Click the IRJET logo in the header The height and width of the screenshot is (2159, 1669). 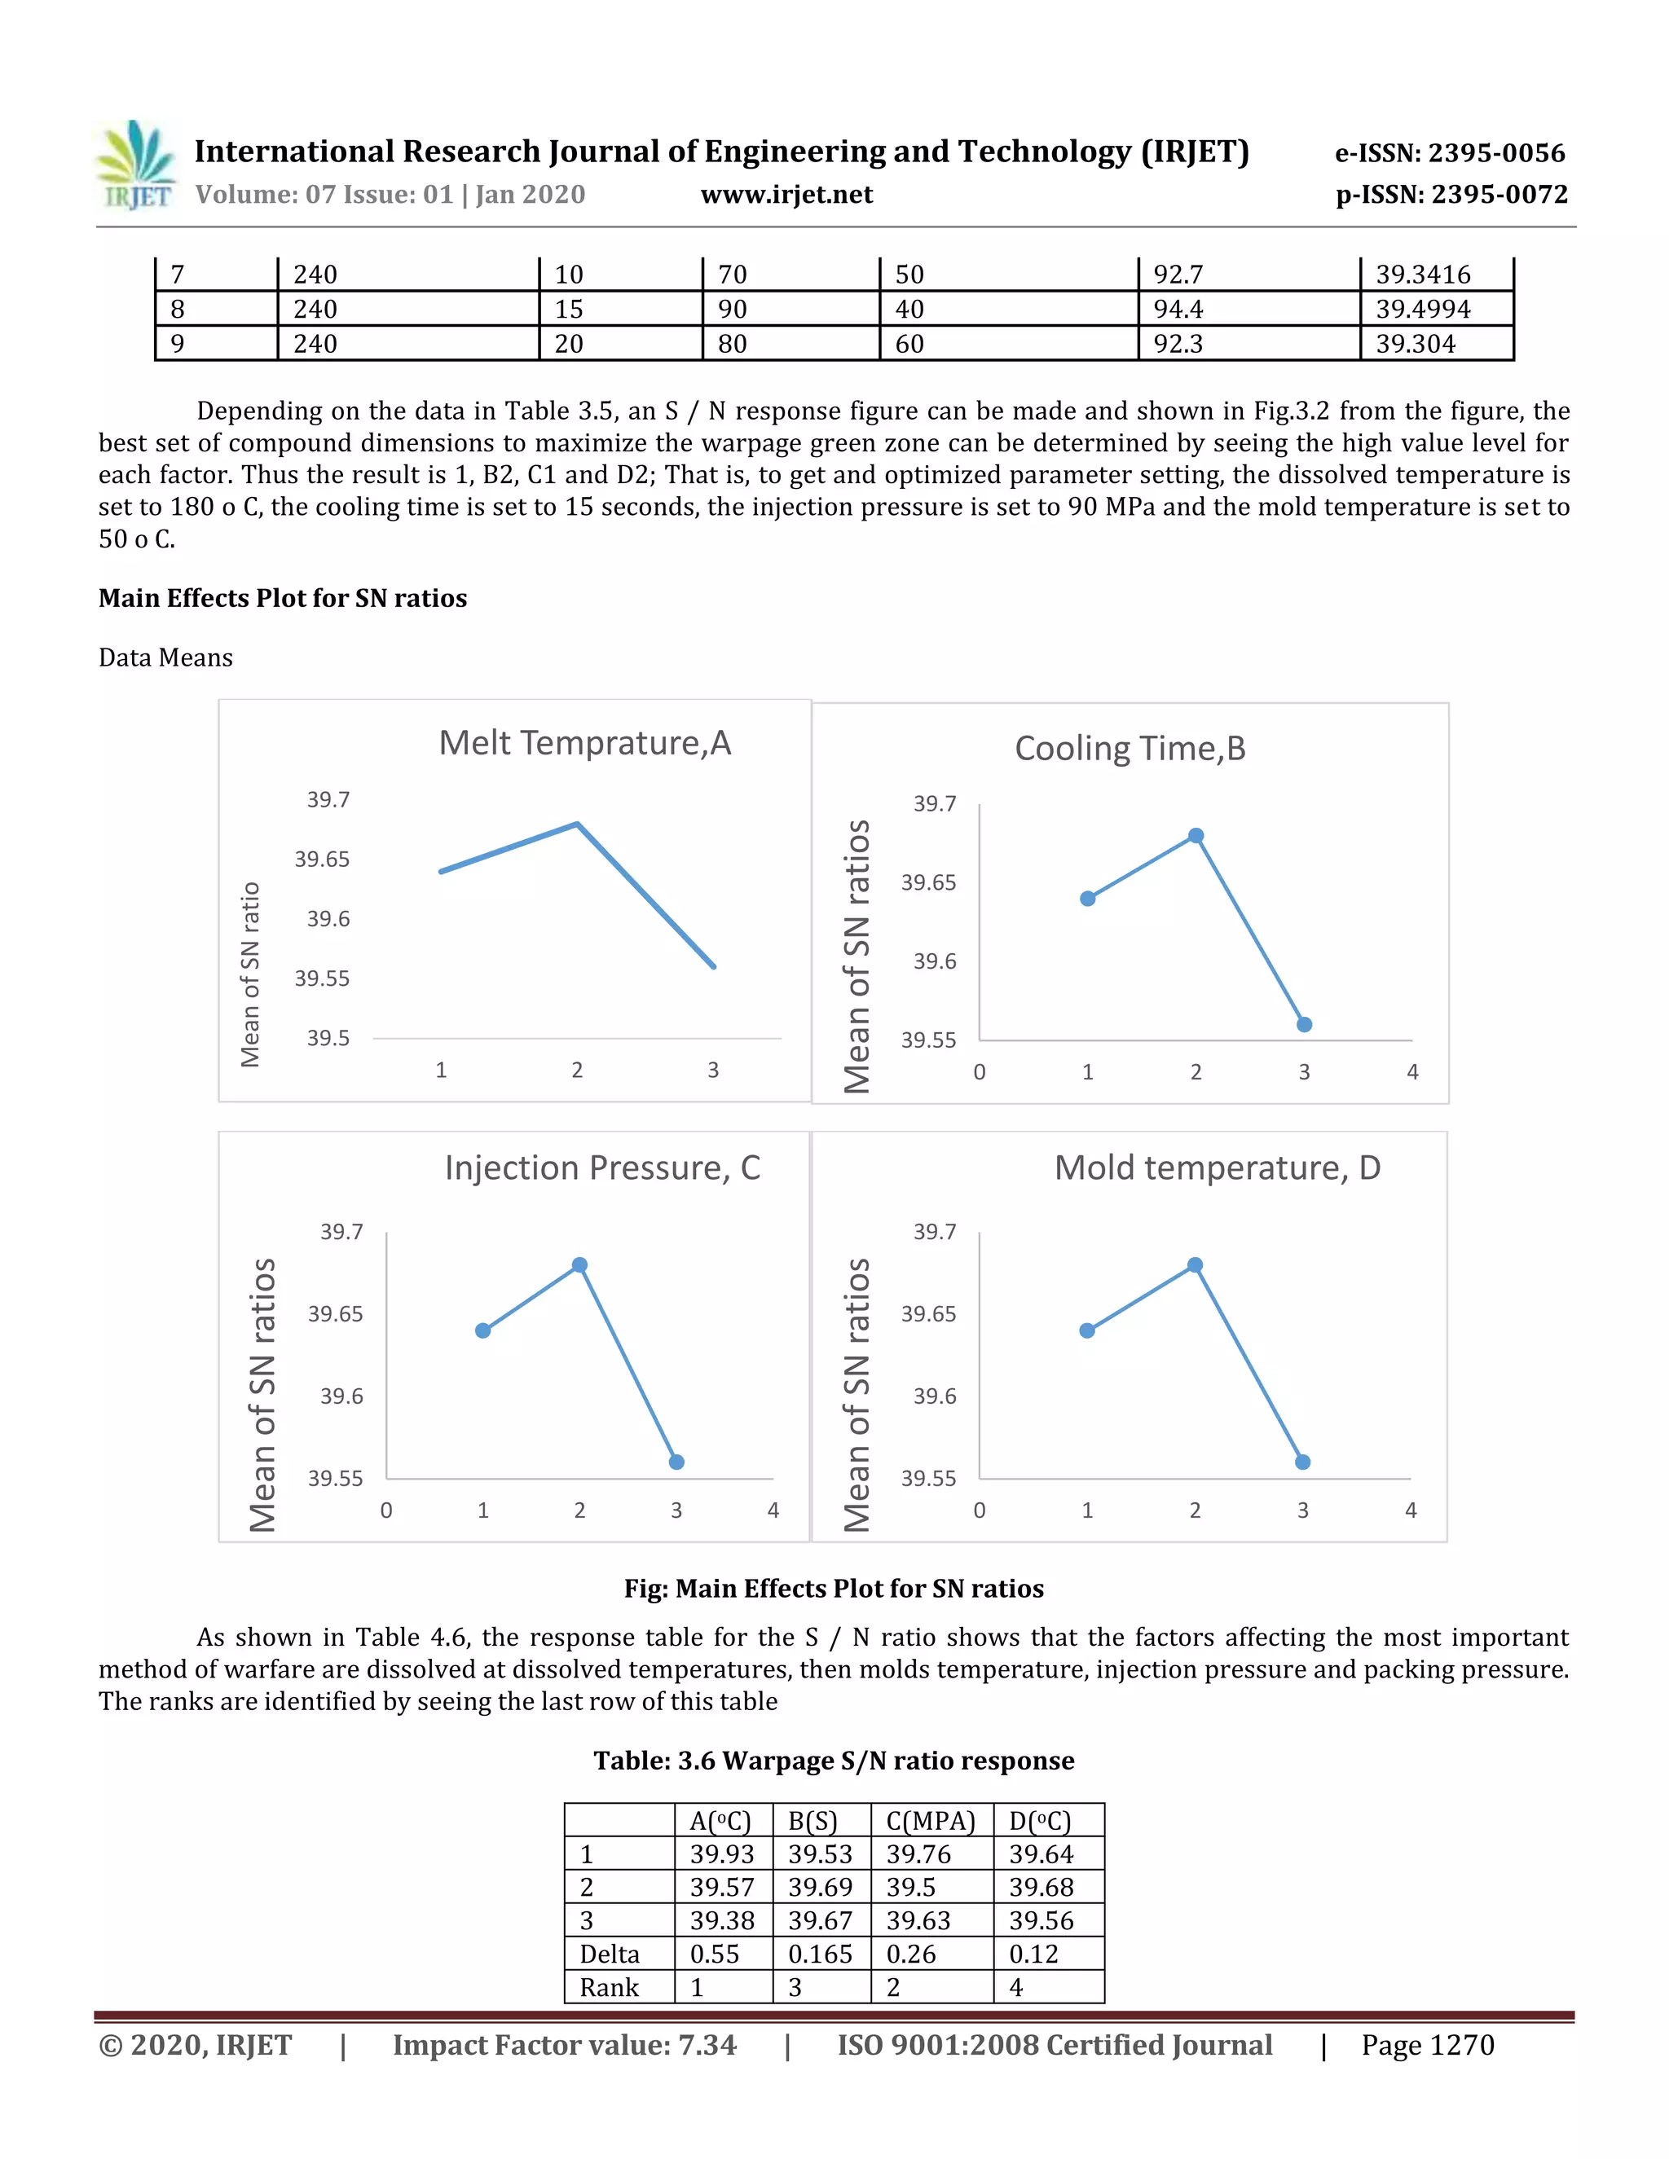136,165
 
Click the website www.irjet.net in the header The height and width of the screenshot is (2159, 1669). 786,195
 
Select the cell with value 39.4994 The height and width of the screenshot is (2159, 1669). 1423,310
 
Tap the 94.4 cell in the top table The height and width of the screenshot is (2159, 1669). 1178,310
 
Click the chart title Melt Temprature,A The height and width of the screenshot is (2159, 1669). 584,742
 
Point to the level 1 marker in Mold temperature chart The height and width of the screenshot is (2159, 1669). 1086,1330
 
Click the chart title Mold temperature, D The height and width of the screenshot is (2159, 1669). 1218,1167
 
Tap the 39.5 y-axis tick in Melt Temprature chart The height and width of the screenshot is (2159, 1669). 328,1038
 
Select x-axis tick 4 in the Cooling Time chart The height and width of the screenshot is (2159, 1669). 1412,1073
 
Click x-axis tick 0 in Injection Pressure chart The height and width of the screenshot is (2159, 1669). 386,1510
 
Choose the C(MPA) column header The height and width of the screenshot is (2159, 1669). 931,1821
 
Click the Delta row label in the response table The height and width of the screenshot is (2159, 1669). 609,1955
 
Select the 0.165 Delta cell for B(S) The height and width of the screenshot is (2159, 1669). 820,1955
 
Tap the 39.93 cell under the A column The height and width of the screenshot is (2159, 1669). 722,1854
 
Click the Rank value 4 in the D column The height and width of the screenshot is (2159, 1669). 1015,1988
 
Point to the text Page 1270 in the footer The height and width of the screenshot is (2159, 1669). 1427,2045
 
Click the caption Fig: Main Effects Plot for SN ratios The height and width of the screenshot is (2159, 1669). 834,1589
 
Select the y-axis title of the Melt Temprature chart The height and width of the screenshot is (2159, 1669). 250,974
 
